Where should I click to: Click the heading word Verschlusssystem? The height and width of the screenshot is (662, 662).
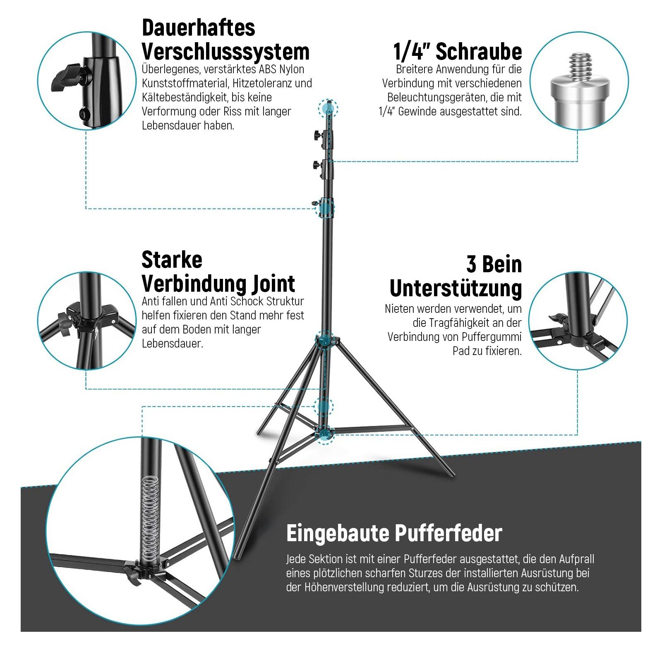pyautogui.click(x=225, y=52)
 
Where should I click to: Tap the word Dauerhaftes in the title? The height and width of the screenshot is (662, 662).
pyautogui.click(x=198, y=28)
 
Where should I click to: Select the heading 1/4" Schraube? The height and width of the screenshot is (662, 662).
pyautogui.click(x=457, y=52)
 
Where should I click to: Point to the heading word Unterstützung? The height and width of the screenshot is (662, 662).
pyautogui.click(x=456, y=288)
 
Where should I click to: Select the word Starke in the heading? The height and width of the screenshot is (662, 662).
pyautogui.click(x=172, y=260)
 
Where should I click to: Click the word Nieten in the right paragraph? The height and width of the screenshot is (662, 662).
pyautogui.click(x=399, y=309)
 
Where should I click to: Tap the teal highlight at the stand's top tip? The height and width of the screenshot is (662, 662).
pyautogui.click(x=328, y=108)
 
